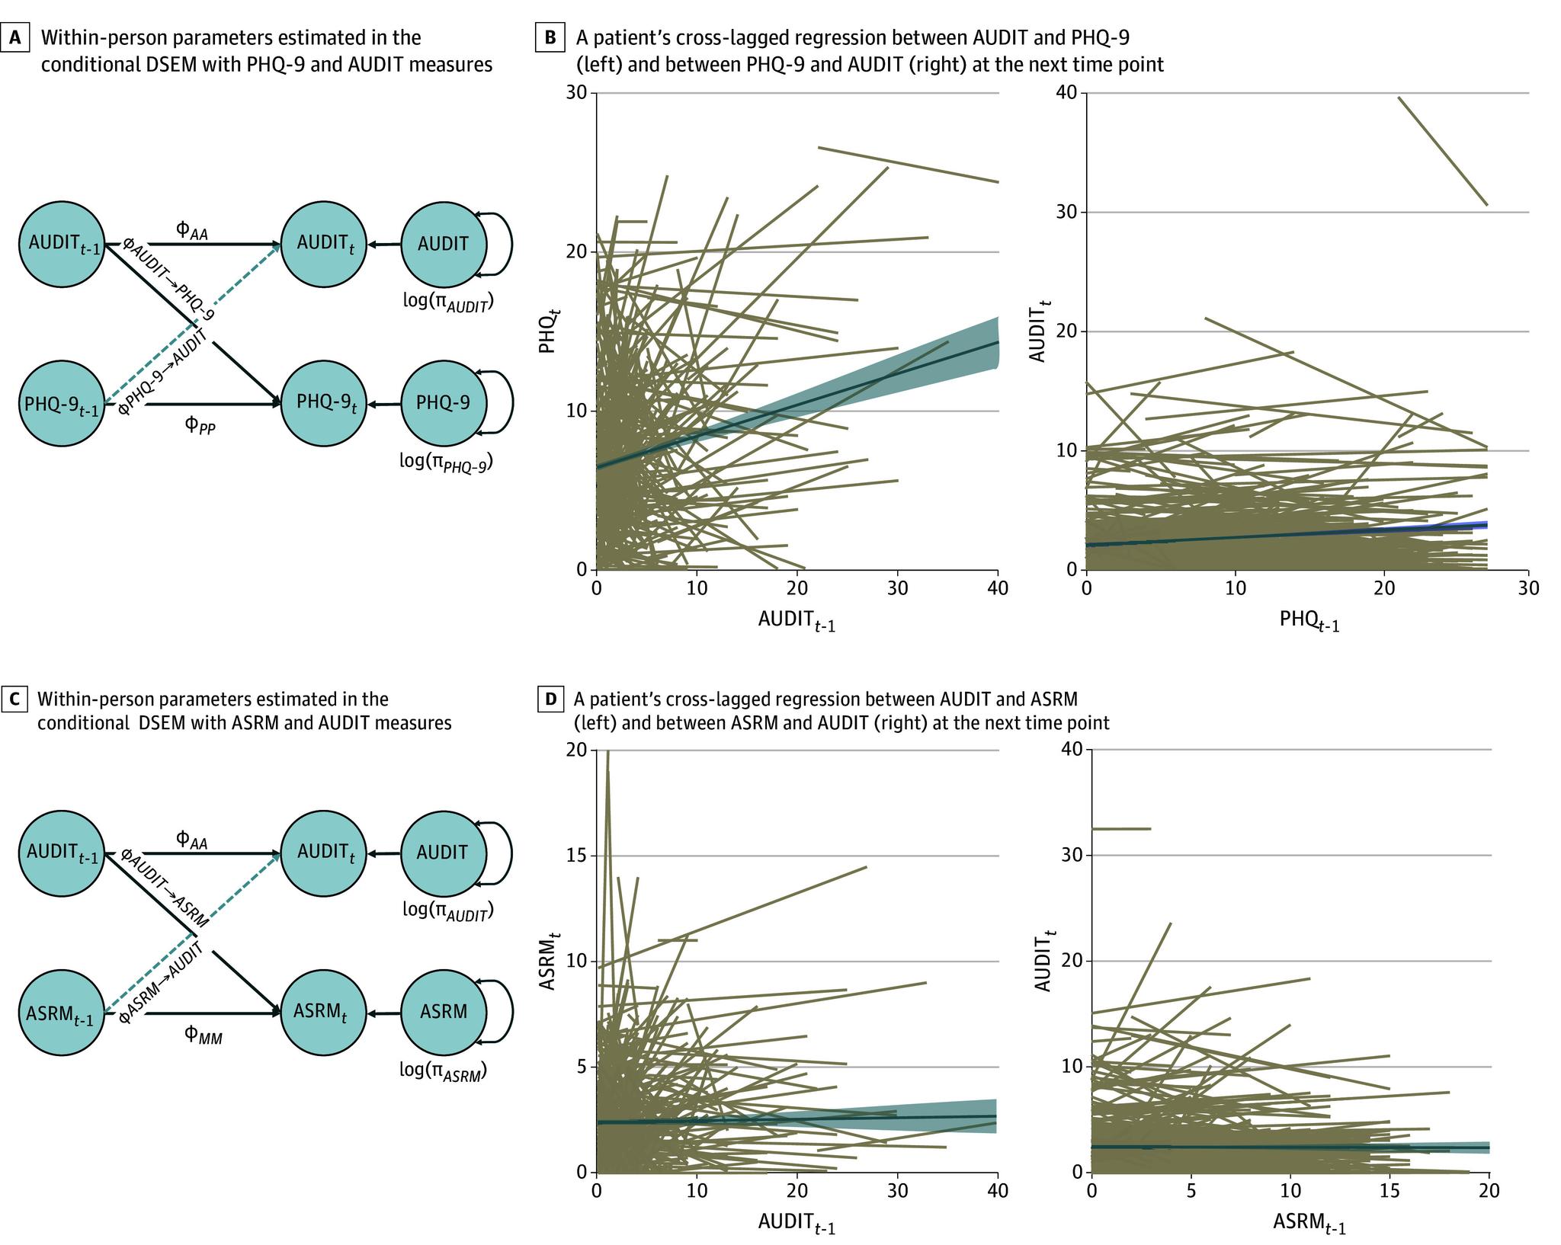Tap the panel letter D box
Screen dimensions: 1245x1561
(549, 699)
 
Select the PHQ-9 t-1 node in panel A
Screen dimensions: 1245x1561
(61, 403)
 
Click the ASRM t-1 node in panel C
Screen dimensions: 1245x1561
(61, 1013)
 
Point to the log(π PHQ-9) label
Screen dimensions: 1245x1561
(446, 461)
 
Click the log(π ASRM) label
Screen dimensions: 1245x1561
(444, 1071)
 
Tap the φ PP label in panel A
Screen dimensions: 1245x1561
(200, 424)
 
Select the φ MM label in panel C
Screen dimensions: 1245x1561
(202, 1034)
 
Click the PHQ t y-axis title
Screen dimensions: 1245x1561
(547, 334)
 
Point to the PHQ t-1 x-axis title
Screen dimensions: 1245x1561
(1309, 621)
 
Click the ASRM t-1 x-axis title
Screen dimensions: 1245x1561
(1309, 1224)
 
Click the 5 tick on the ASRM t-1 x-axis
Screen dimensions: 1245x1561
(1191, 1189)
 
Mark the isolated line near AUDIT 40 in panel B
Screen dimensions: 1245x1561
(1442, 151)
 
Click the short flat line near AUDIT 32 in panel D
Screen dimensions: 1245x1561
(1120, 828)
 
